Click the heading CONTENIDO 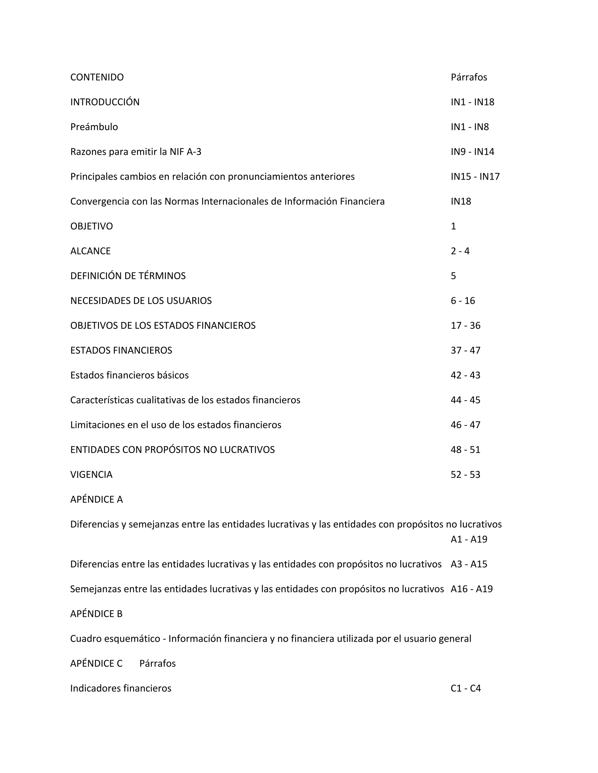(x=97, y=77)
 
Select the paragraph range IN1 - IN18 (x=472, y=102)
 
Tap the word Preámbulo (x=94, y=127)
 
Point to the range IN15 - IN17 (x=475, y=176)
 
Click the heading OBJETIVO (x=91, y=226)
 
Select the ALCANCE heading (x=90, y=251)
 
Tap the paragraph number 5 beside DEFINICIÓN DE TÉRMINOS (x=453, y=276)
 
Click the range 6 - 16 (x=463, y=300)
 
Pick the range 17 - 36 (x=465, y=325)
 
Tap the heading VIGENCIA (x=91, y=474)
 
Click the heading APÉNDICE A (x=96, y=499)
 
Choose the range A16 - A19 (x=472, y=589)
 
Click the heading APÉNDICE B (x=96, y=614)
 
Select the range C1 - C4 (x=465, y=688)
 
